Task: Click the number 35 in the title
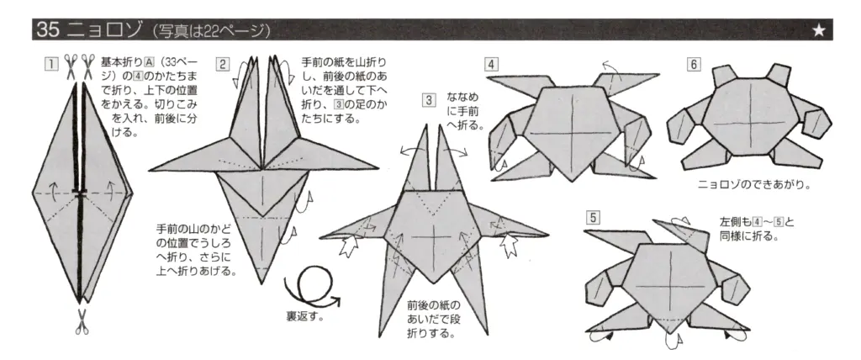click(x=46, y=31)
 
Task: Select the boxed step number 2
click(x=222, y=64)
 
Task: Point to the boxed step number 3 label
click(x=429, y=100)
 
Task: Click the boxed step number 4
click(x=492, y=64)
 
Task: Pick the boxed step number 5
click(x=593, y=217)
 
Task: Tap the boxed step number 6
click(x=694, y=64)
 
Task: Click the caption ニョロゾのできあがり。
click(x=754, y=184)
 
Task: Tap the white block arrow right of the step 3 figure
click(x=510, y=244)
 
